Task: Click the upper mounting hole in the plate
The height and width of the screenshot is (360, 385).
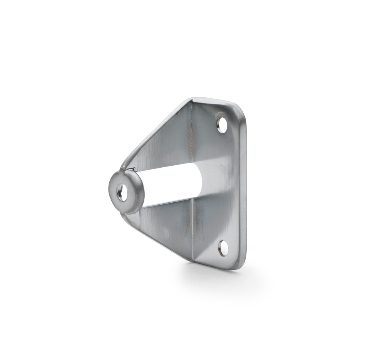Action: [x=222, y=125]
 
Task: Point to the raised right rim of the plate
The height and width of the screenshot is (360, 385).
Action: [x=243, y=185]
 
